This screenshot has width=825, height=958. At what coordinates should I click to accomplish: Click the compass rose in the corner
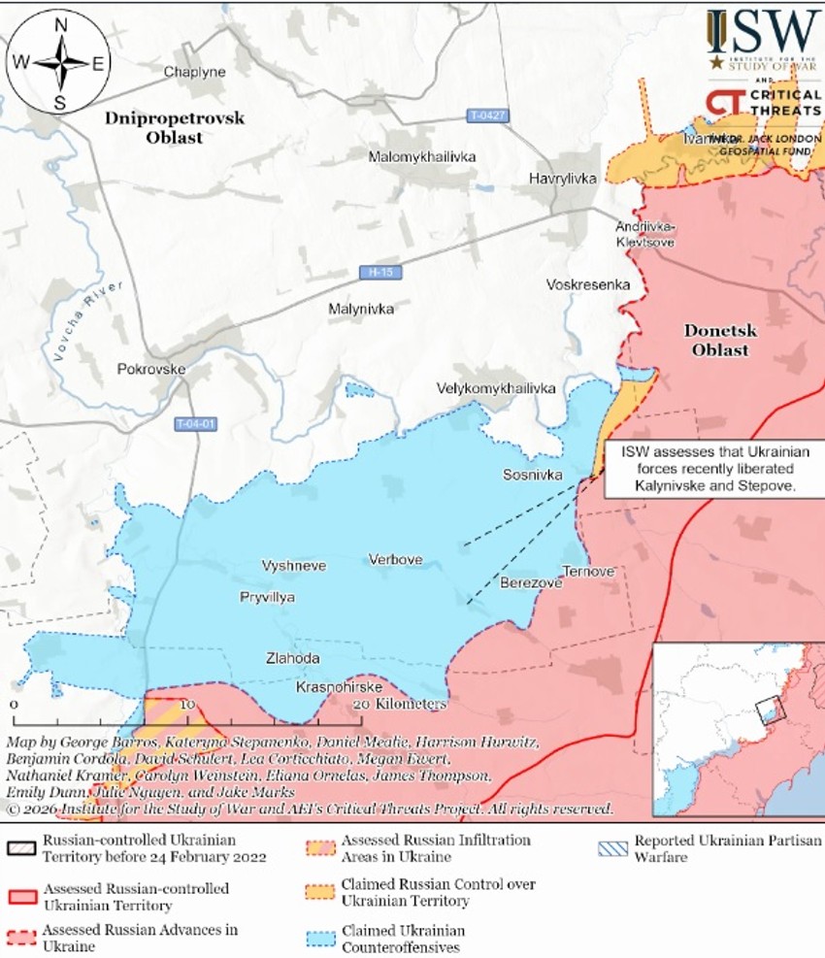(60, 63)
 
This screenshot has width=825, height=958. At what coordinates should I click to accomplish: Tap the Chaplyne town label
(194, 73)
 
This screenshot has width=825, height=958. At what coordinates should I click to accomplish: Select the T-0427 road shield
(487, 116)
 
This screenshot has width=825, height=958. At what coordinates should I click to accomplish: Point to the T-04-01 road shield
(196, 424)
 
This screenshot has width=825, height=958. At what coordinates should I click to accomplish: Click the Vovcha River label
(90, 320)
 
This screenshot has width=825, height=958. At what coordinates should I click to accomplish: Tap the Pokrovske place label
(150, 369)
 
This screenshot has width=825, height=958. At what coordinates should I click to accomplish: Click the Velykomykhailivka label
(496, 388)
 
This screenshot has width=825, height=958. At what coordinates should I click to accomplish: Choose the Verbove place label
(395, 559)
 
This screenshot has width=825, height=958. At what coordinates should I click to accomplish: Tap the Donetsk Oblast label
(719, 340)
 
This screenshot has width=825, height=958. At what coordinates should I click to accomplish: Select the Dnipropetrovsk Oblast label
(175, 127)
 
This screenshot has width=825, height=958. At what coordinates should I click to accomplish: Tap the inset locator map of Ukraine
(737, 729)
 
